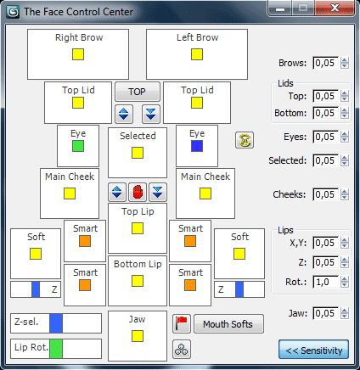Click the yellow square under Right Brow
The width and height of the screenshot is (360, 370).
tap(78, 54)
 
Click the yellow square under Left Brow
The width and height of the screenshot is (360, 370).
tap(197, 54)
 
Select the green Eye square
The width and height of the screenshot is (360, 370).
tap(78, 146)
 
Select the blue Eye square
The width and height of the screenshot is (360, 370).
tap(197, 146)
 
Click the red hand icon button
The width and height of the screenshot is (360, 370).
tap(138, 192)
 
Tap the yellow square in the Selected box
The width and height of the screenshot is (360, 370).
tap(138, 153)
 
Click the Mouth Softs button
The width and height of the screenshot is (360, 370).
tap(228, 324)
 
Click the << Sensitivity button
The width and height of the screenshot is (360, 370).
tap(313, 350)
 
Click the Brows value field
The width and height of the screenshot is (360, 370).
tap(325, 63)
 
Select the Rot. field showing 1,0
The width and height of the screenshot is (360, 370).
tap(325, 282)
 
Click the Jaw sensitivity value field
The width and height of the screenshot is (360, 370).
tap(325, 313)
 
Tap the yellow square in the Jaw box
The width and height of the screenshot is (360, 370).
tap(138, 336)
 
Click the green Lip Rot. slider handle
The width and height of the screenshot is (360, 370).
tap(56, 349)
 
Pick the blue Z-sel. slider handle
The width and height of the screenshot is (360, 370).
tap(56, 323)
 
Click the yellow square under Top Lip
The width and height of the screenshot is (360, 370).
tap(138, 228)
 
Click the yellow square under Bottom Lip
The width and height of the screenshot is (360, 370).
tap(138, 281)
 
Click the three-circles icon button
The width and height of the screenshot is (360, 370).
tap(182, 350)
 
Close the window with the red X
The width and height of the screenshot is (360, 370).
tap(335, 8)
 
